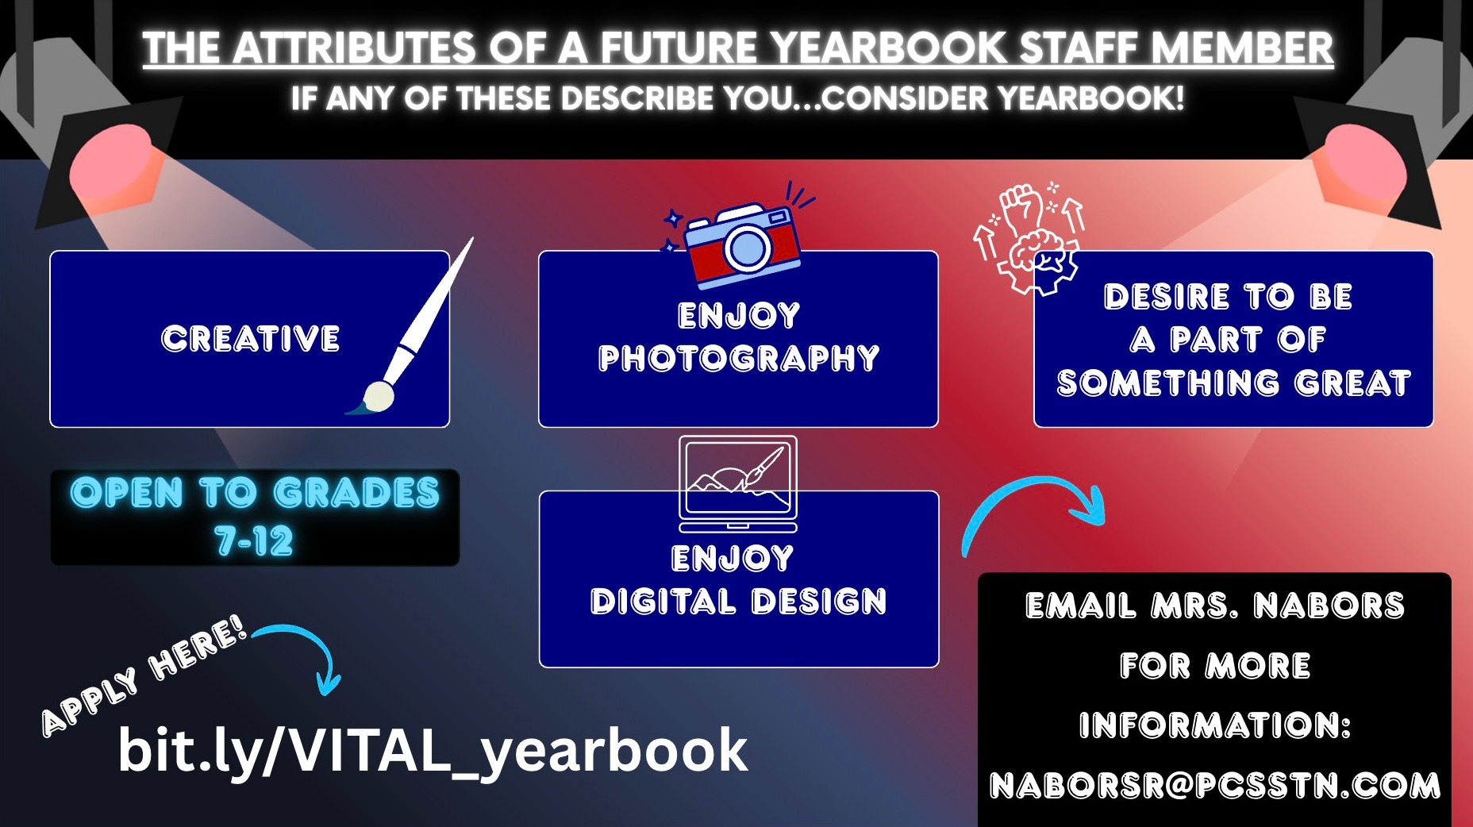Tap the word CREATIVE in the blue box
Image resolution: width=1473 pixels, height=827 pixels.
(x=251, y=339)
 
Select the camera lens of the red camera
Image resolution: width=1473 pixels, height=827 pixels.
(x=746, y=248)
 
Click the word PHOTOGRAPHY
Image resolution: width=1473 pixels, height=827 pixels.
(x=739, y=358)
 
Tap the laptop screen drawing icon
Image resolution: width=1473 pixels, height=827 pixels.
(x=738, y=483)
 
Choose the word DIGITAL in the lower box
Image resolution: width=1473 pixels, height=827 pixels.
(x=663, y=602)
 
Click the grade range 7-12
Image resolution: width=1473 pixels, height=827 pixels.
(x=254, y=541)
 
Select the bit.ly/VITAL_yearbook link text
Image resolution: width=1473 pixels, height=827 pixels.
(x=433, y=749)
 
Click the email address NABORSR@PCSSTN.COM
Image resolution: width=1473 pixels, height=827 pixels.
(x=1215, y=786)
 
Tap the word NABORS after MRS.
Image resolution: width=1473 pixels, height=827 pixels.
(x=1329, y=606)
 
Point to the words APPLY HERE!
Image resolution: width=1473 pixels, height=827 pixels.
(x=144, y=676)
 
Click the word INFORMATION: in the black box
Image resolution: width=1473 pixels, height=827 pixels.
(x=1215, y=725)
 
